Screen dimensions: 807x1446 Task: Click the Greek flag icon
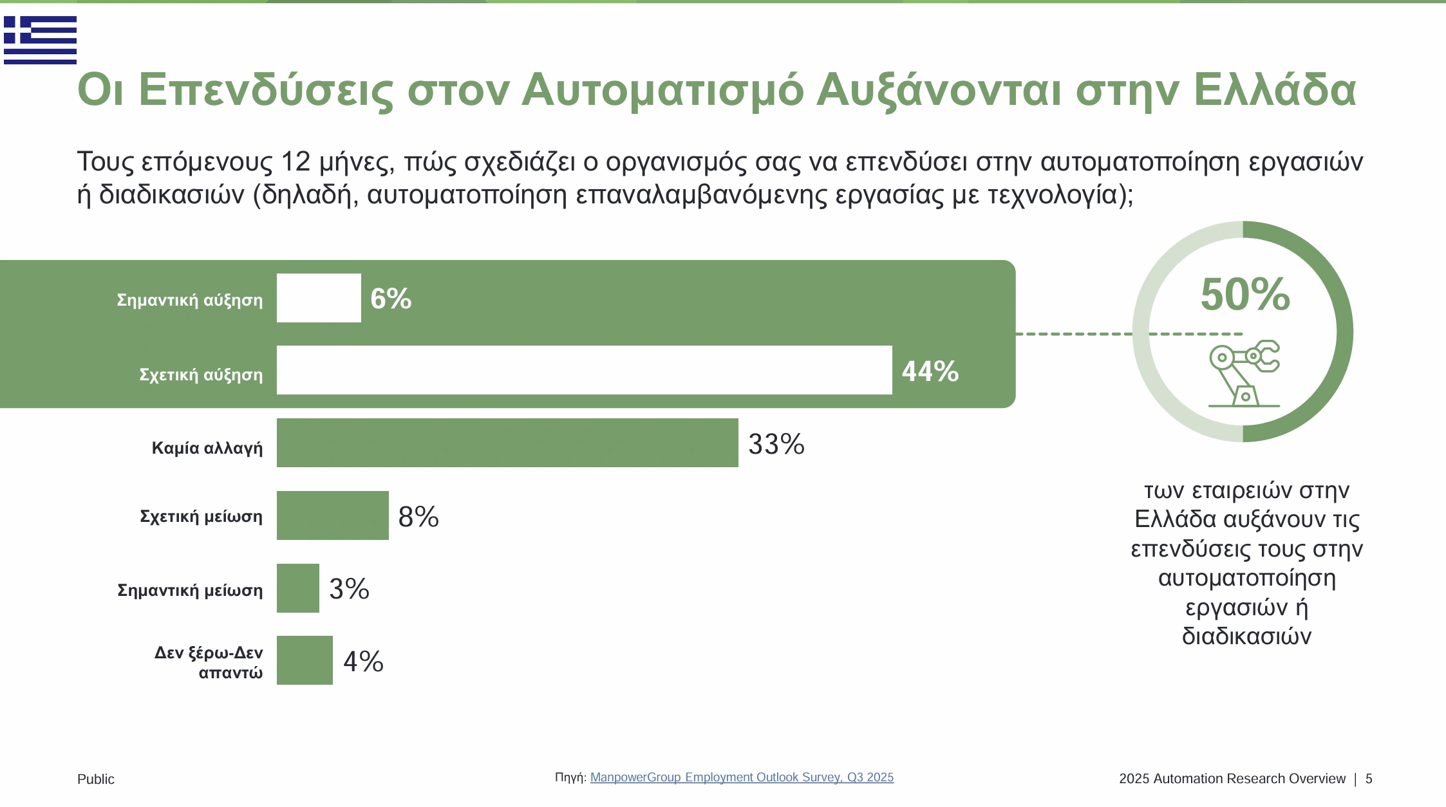pos(40,40)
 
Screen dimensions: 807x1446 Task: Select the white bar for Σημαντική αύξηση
pos(319,298)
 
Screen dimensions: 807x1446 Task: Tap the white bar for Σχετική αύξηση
pos(584,370)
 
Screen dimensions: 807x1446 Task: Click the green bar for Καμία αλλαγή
pos(507,443)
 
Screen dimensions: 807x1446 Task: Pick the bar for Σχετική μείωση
pos(332,515)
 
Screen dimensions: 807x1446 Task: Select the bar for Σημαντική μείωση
pos(297,588)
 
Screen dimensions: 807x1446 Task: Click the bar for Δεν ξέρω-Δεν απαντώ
pos(305,660)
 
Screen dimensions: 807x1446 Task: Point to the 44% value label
pos(930,371)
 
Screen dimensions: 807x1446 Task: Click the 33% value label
pos(776,444)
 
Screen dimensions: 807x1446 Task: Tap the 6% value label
pos(391,299)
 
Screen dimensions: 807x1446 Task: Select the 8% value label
pos(418,517)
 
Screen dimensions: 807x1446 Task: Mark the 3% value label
pos(349,589)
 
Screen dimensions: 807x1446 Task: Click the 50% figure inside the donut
pos(1245,295)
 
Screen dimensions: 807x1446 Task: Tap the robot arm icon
pos(1244,373)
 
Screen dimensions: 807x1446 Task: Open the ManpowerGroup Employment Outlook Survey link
pos(742,777)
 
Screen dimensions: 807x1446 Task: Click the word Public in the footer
pos(96,779)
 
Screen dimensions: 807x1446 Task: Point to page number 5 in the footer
pos(1369,779)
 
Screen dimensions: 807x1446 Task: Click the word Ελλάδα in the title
pos(1275,89)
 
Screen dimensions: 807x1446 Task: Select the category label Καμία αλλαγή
pos(207,448)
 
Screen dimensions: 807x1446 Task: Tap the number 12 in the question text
pos(296,162)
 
